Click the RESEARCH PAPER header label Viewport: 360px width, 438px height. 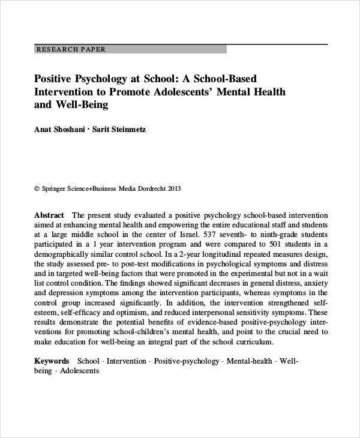coord(71,49)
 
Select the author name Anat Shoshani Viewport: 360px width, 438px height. coord(59,129)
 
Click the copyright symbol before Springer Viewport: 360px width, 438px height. coord(37,188)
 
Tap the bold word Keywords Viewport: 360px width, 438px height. coord(52,361)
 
